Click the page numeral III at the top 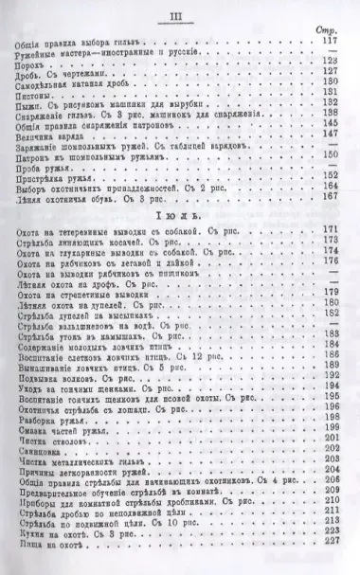pyautogui.click(x=178, y=16)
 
